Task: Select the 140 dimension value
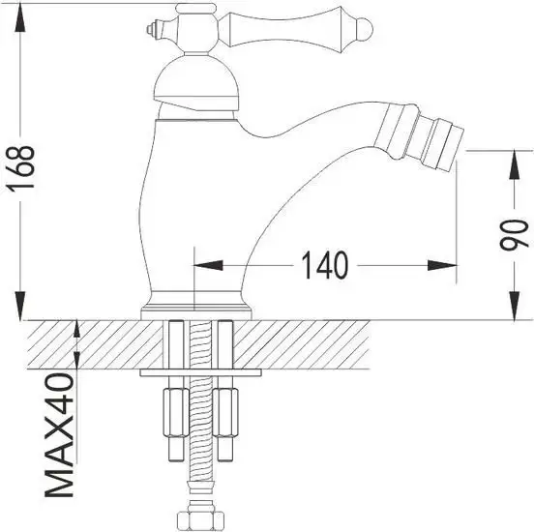tap(324, 265)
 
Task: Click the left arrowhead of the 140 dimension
tap(209, 264)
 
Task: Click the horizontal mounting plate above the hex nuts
tap(200, 371)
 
